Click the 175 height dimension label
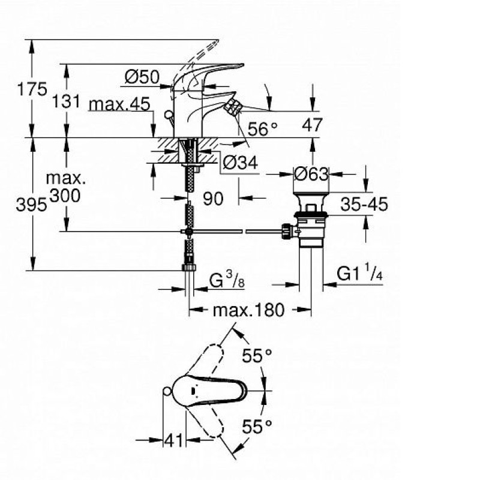tap(32, 89)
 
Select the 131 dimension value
tap(66, 101)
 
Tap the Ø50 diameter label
tap(142, 77)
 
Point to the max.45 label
tap(119, 104)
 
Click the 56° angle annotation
tap(263, 128)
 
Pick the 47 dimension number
tap(312, 125)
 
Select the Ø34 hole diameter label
tap(241, 162)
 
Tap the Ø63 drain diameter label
tap(311, 174)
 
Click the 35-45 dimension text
tap(364, 204)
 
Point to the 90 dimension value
tap(213, 199)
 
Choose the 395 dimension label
tap(32, 205)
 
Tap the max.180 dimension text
tap(248, 310)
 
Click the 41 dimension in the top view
tap(173, 441)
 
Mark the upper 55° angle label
tap(257, 356)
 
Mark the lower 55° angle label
tap(257, 427)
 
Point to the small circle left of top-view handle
tap(167, 391)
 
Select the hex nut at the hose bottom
tap(189, 267)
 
